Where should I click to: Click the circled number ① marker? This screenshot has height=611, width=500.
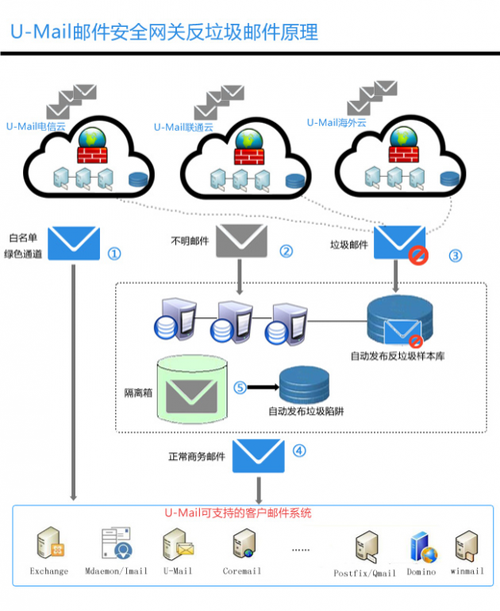[x=114, y=254]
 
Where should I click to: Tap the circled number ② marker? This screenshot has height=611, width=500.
[x=286, y=251]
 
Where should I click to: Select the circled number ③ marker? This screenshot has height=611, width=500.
[x=455, y=256]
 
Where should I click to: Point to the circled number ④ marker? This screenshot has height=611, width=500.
[x=299, y=451]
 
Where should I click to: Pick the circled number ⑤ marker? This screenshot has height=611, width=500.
[x=240, y=387]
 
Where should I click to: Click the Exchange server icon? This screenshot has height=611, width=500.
[x=50, y=543]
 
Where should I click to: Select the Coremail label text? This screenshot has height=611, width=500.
[x=242, y=571]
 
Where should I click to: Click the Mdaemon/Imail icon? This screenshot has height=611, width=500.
[x=117, y=543]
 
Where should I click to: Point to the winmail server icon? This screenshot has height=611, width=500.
[x=467, y=546]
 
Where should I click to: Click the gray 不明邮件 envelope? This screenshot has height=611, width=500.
[x=242, y=241]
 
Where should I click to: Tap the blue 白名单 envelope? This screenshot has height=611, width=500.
[x=74, y=244]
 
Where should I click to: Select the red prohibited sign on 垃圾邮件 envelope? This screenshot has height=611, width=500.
[x=418, y=256]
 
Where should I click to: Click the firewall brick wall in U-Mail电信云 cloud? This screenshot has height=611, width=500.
[x=93, y=155]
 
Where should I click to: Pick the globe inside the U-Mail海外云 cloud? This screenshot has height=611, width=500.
[x=404, y=137]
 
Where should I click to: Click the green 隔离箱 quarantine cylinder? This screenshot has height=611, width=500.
[x=192, y=389]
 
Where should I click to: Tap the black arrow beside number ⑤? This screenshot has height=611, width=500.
[x=263, y=387]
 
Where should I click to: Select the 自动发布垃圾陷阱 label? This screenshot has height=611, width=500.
[x=306, y=411]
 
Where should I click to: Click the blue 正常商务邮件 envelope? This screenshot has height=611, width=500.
[x=258, y=456]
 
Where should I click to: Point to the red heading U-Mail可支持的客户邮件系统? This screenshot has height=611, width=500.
[x=238, y=513]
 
